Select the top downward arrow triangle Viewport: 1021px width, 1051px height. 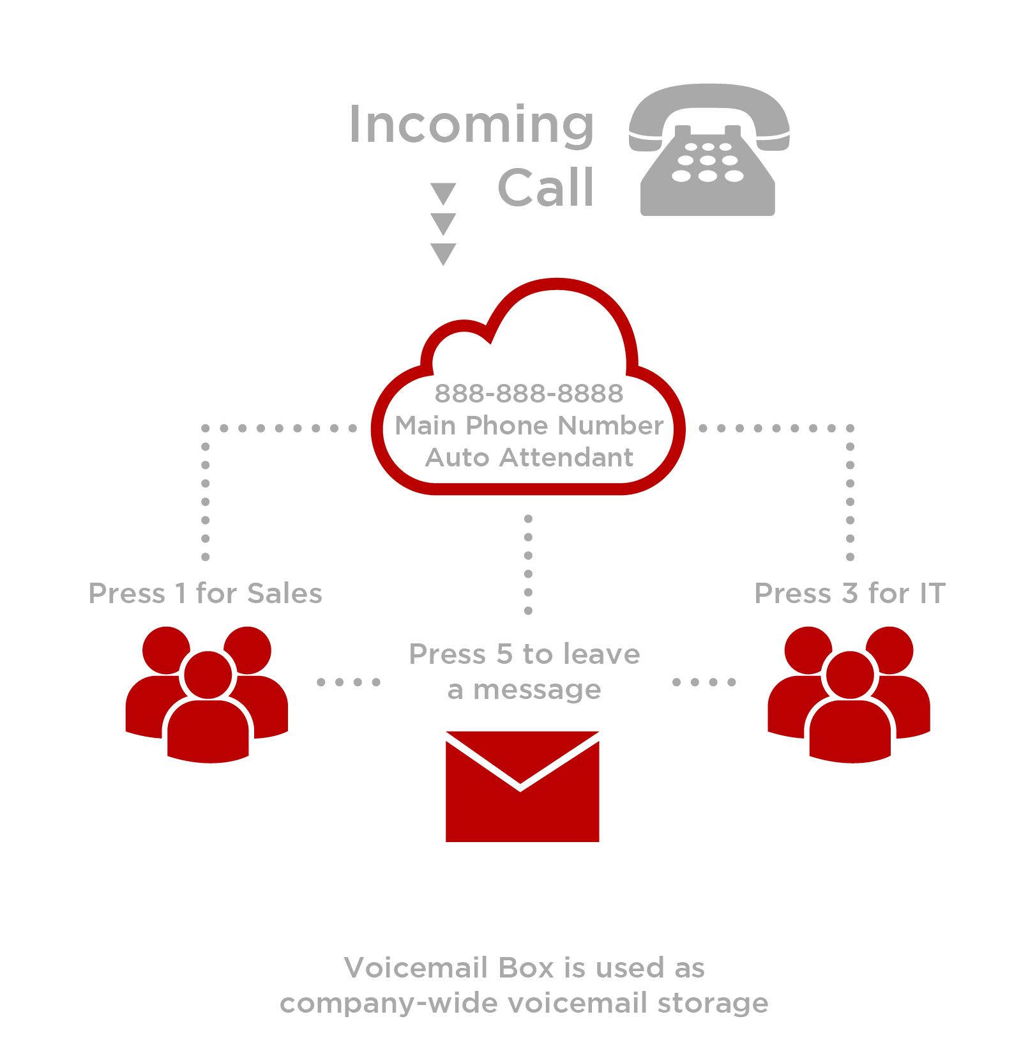click(443, 194)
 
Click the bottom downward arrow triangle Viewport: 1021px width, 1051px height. click(443, 254)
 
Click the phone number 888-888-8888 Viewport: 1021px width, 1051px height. click(529, 394)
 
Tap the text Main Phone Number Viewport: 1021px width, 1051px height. click(529, 426)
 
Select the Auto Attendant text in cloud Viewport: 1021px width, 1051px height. click(529, 457)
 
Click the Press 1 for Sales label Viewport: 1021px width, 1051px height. click(205, 594)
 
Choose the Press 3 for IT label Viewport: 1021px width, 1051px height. click(849, 594)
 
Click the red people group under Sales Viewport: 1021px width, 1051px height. click(207, 694)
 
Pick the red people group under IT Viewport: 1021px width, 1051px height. click(849, 694)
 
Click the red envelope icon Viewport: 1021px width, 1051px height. click(522, 786)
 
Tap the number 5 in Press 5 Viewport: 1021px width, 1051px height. click(504, 654)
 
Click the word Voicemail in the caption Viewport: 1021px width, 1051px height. click(416, 967)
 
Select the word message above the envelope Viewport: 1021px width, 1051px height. click(537, 690)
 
